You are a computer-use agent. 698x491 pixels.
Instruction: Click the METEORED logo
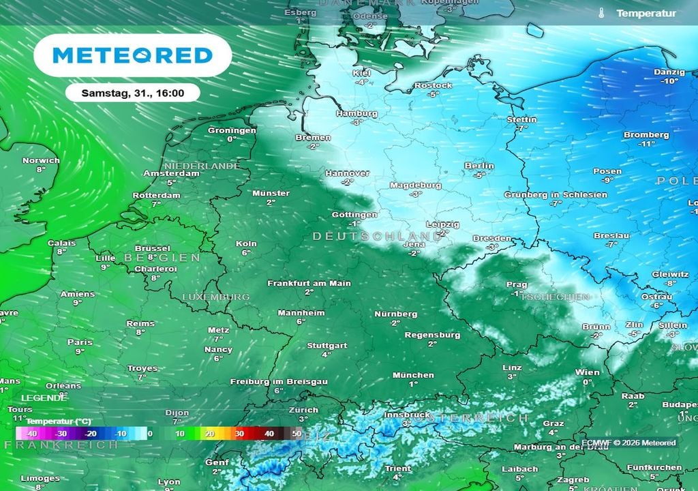(x=132, y=55)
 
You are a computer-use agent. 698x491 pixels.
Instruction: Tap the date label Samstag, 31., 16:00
(x=132, y=92)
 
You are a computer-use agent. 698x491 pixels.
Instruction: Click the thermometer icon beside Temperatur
(x=602, y=14)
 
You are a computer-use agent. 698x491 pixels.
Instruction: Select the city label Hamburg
(x=356, y=114)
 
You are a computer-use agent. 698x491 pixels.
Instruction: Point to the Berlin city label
(x=479, y=166)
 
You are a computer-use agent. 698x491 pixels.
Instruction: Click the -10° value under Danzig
(x=669, y=81)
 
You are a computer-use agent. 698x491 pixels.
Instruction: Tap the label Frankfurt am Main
(x=309, y=283)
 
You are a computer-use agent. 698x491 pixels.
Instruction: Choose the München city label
(x=413, y=375)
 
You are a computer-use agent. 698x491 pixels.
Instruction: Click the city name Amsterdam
(x=171, y=173)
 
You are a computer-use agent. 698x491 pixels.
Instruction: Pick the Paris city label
(x=80, y=342)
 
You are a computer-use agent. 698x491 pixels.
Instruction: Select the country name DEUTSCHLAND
(x=376, y=236)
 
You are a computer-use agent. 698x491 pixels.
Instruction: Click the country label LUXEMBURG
(x=215, y=297)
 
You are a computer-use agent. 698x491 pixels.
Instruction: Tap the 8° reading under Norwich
(x=41, y=170)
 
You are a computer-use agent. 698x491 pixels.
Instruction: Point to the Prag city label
(x=517, y=284)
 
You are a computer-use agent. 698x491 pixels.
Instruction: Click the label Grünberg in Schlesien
(x=556, y=194)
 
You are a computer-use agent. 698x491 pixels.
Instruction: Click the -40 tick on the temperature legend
(x=31, y=434)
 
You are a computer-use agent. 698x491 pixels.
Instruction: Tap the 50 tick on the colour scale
(x=296, y=434)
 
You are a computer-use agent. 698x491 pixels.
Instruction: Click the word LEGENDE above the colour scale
(x=44, y=398)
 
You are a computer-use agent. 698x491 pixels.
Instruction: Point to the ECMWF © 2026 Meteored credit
(x=628, y=443)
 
